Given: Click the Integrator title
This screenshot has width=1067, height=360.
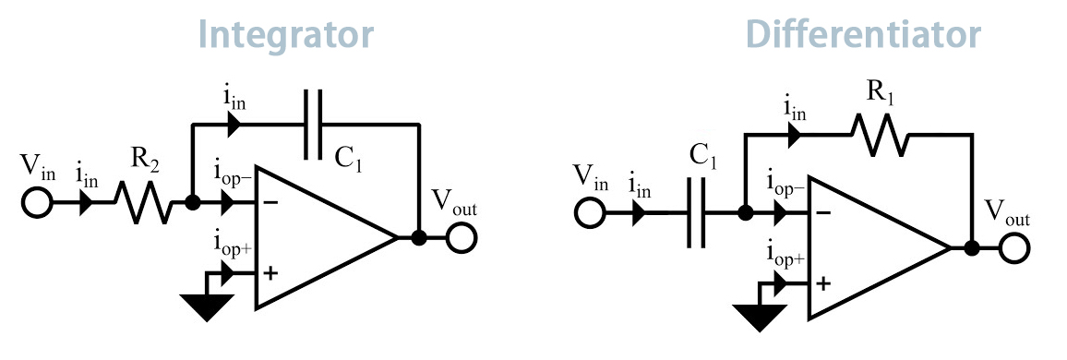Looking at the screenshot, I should pos(286,34).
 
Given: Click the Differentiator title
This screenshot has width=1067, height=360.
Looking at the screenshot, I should pos(862,34).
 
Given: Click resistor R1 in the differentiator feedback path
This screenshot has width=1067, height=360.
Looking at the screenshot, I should pos(879,135).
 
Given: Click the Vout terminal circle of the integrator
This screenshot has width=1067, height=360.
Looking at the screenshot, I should pos(462,237).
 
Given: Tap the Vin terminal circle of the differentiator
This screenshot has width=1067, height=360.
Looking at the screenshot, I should pos(588,214).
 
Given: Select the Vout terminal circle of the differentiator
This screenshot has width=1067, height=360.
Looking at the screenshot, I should pos(1014,248).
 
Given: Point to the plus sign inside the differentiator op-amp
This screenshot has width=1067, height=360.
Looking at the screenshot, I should pos(822,283).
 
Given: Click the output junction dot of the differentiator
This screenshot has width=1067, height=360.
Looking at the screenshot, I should pos(971,247).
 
